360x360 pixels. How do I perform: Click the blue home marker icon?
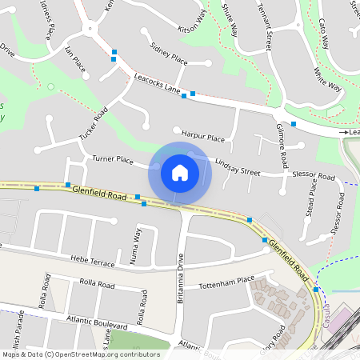[x=180, y=172]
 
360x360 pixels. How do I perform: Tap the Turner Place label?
[x=112, y=160]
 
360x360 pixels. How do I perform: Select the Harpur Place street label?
[x=203, y=138]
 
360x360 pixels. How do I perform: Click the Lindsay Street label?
[x=238, y=166]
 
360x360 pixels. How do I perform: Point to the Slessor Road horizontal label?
[x=314, y=174]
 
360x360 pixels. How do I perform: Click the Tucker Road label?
[x=94, y=127]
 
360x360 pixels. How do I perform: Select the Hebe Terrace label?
[x=94, y=262]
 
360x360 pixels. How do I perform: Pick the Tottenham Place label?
[x=226, y=282]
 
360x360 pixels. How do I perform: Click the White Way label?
[x=327, y=78]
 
